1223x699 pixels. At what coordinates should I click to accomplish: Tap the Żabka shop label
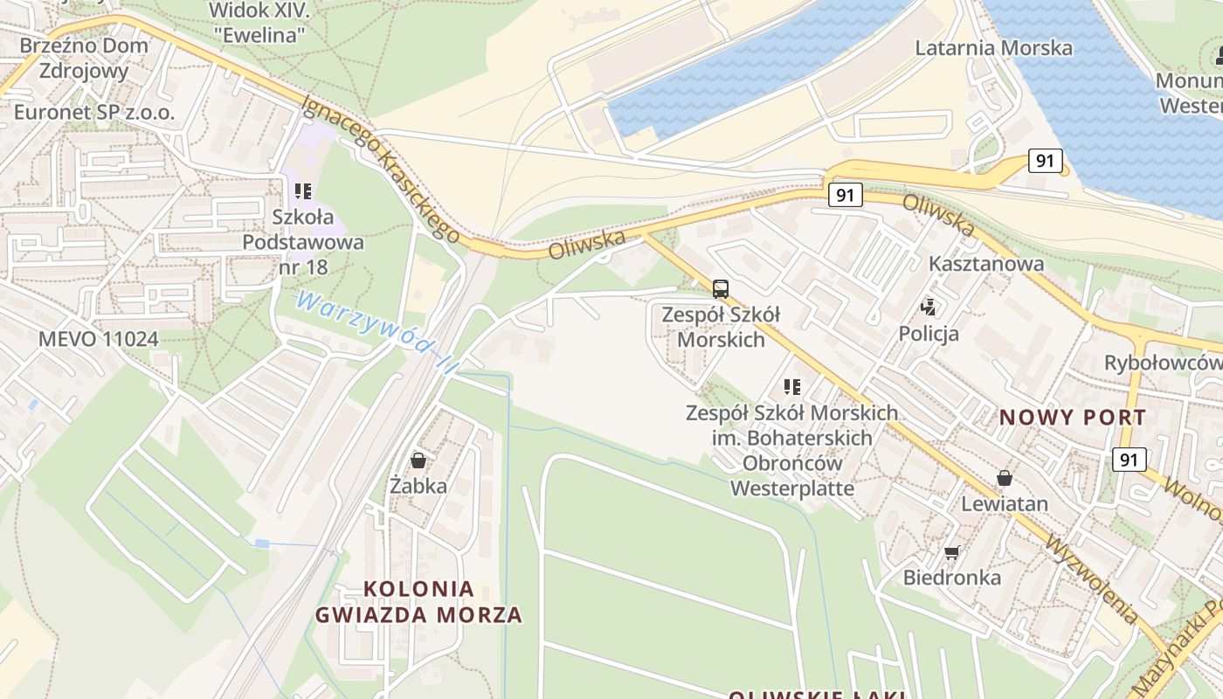click(418, 486)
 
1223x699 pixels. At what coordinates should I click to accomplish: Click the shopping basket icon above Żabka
click(418, 460)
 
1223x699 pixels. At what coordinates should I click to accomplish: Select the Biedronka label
click(951, 578)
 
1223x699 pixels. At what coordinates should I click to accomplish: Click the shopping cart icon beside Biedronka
click(951, 552)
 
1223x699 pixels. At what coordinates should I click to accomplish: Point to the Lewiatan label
click(1005, 504)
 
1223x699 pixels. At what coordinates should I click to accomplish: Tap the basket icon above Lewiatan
click(1005, 478)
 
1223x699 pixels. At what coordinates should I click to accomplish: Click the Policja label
click(929, 334)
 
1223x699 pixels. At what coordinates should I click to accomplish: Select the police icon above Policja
click(929, 307)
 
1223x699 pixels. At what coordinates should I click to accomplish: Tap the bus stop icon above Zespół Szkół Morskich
click(720, 288)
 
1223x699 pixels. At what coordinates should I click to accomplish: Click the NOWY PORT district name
click(1072, 417)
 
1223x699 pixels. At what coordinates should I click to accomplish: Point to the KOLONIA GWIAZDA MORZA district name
click(418, 602)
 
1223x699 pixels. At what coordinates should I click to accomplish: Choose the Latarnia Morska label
click(993, 47)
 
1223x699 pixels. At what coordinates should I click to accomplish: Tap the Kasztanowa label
click(986, 263)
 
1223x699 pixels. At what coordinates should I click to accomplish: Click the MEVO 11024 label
click(98, 339)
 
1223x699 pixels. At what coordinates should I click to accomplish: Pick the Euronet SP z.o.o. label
click(94, 112)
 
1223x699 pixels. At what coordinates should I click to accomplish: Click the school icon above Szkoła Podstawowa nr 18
click(303, 190)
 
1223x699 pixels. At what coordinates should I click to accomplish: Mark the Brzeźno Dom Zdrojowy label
click(84, 58)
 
